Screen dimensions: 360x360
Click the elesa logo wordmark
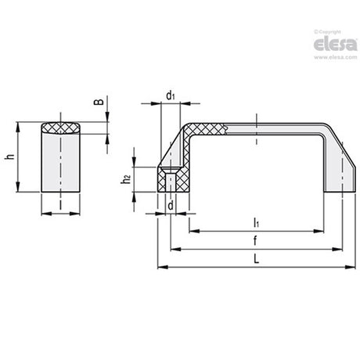335,45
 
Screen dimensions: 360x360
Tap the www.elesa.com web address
336,57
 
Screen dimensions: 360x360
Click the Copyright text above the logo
328,32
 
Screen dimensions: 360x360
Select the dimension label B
99,102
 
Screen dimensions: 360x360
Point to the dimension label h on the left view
10,157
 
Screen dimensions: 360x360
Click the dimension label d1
171,95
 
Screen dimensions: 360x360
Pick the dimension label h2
125,179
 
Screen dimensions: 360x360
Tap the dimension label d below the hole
171,206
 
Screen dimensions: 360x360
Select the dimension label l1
257,223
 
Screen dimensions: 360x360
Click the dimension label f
255,240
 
